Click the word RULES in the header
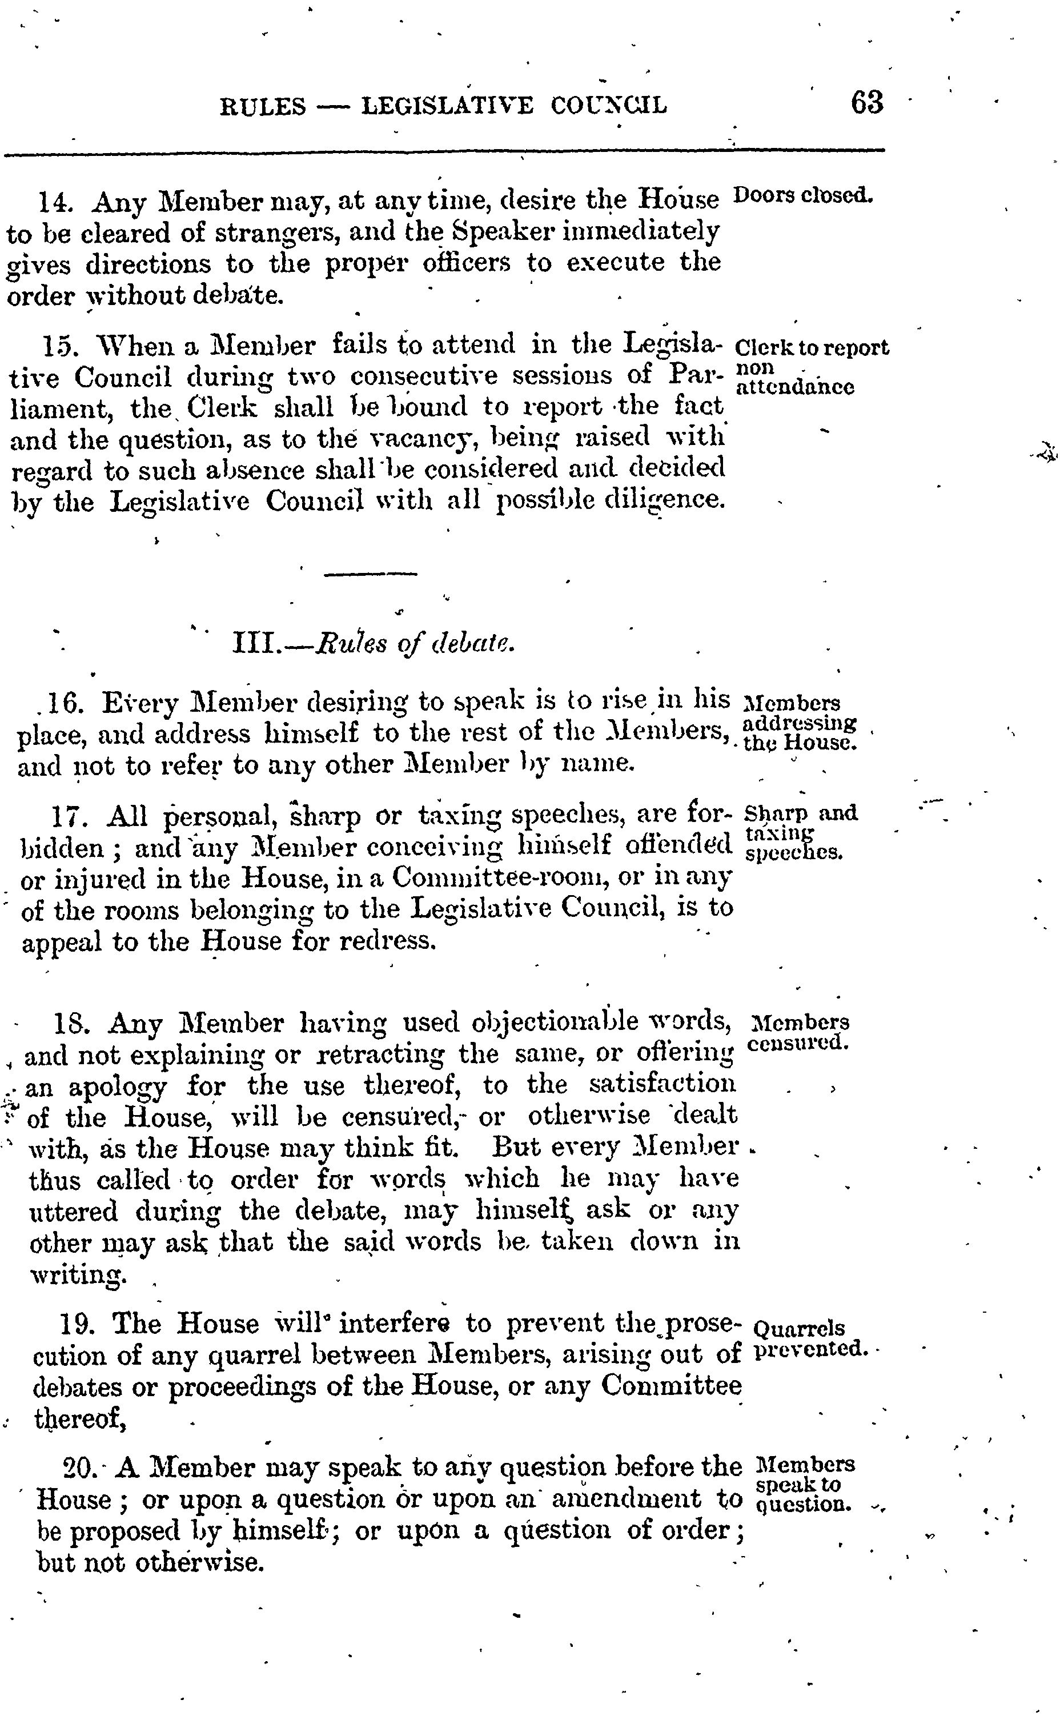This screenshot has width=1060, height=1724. pyautogui.click(x=263, y=107)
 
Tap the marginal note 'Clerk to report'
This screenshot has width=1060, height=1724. pyautogui.click(x=812, y=348)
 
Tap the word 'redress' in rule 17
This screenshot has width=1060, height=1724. pyautogui.click(x=388, y=940)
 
